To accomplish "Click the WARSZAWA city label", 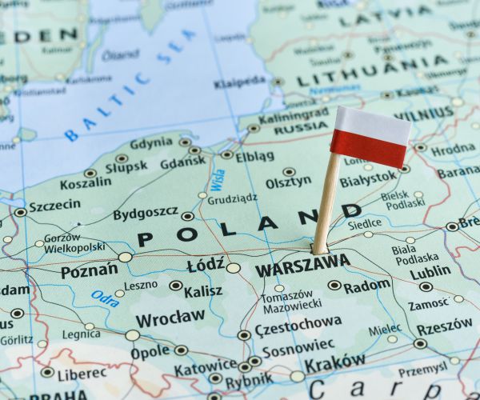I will click(x=302, y=265).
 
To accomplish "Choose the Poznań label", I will click(x=89, y=270).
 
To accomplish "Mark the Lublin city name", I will click(x=431, y=272).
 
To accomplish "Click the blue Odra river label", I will click(x=105, y=298).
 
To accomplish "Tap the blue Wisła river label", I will click(x=216, y=181).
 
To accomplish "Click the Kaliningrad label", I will click(x=294, y=115).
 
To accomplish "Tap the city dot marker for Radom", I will click(x=334, y=285).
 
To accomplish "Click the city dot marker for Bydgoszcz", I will click(x=187, y=215).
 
